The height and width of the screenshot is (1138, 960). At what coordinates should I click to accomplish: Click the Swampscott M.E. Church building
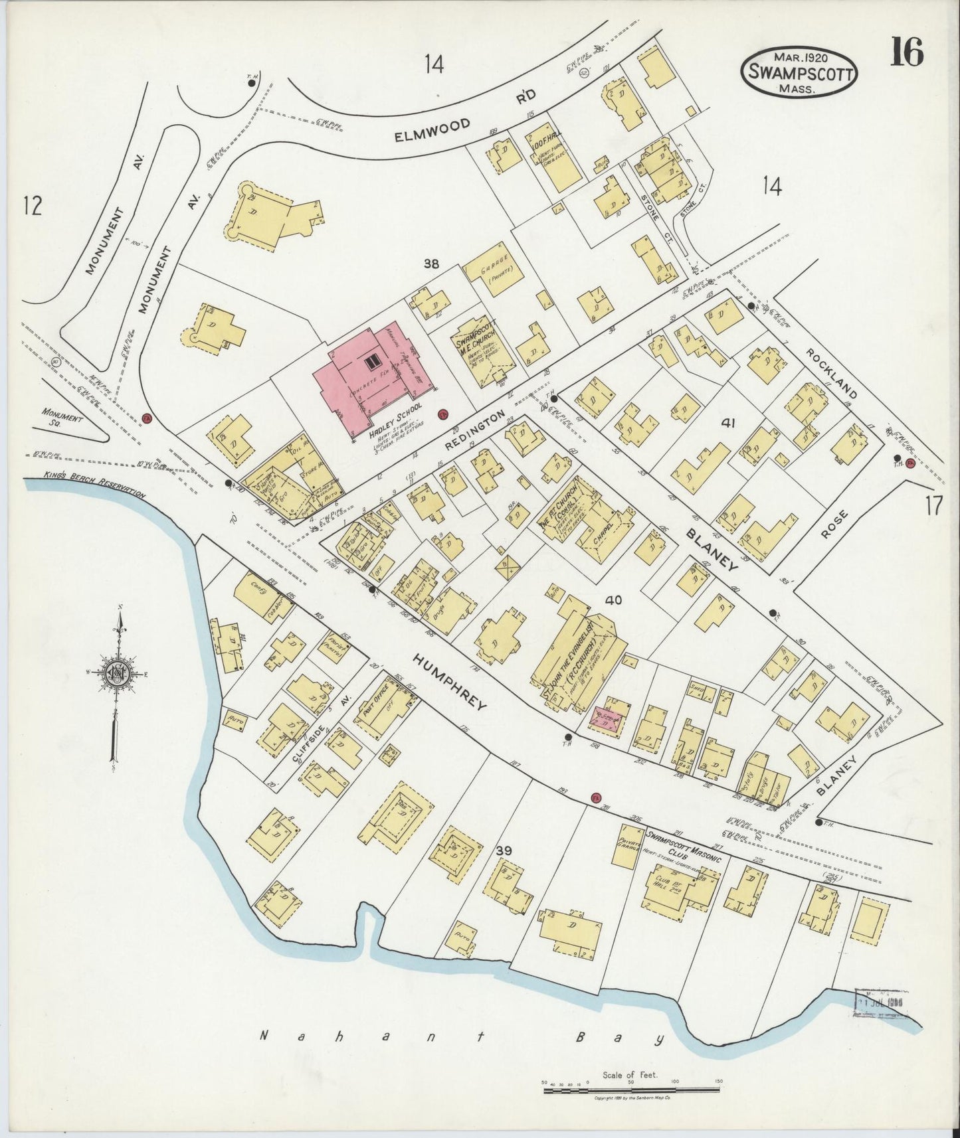point(484,352)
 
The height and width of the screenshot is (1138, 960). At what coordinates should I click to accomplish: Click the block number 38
point(431,264)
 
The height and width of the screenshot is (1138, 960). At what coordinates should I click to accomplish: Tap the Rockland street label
point(832,373)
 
